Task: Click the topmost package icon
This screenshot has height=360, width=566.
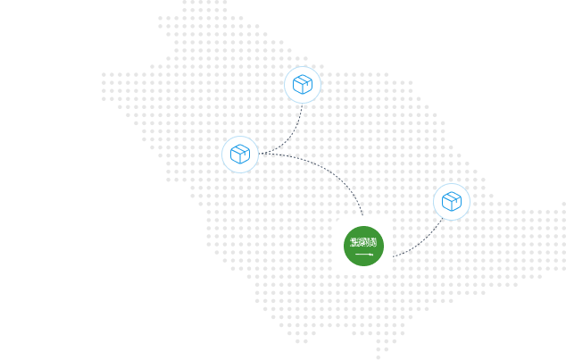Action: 303,85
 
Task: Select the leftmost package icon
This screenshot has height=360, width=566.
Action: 240,155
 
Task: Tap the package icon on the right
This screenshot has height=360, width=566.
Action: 452,202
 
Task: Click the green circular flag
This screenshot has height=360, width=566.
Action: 363,246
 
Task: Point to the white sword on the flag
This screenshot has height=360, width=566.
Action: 364,255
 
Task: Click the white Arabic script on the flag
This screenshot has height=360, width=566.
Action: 363,242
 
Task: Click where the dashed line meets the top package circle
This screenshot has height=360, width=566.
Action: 303,105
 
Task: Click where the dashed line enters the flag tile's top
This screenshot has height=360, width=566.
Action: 362,217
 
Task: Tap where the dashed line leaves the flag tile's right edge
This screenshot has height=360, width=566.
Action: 393,256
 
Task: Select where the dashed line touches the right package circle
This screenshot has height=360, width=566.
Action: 442,218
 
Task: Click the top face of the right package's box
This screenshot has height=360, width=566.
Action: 452,196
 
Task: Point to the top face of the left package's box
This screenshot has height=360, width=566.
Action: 240,148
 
